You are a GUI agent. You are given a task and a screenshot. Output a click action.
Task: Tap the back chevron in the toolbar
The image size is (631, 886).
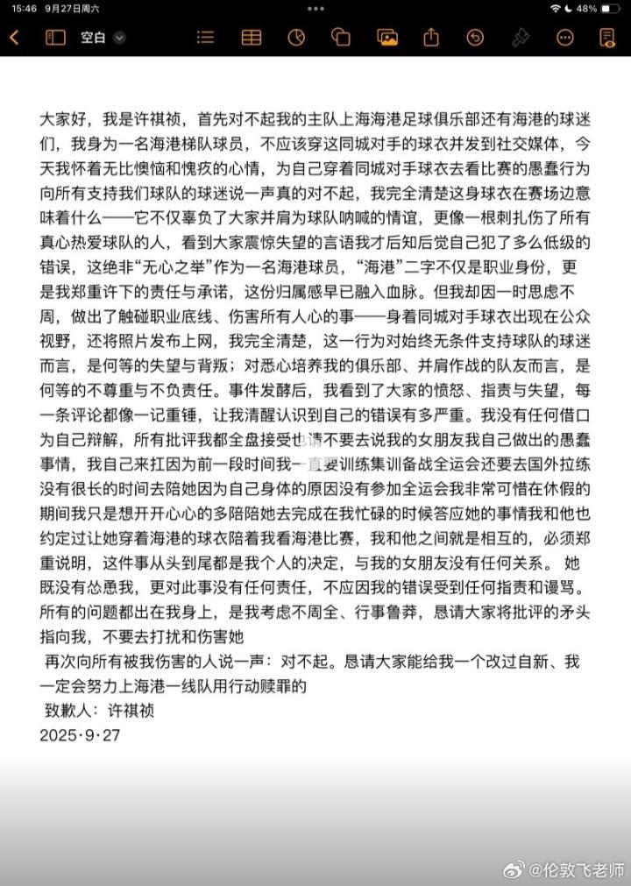[14, 37]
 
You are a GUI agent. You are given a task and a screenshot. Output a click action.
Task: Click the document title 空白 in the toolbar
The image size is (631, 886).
[92, 37]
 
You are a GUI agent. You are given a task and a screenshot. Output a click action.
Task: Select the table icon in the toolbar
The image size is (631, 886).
[252, 37]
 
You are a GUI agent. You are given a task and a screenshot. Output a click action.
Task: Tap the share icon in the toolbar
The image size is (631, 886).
[430, 37]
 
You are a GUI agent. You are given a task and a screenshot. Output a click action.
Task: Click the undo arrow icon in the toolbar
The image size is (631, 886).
[475, 37]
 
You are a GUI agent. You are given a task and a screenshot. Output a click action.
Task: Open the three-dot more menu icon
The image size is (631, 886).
[565, 37]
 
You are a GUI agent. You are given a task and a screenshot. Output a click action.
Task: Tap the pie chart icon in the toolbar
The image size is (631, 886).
[296, 37]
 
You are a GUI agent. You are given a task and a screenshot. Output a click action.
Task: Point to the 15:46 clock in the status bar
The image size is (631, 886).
[25, 8]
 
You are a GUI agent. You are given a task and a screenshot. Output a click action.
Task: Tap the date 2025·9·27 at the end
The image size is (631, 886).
[80, 735]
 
